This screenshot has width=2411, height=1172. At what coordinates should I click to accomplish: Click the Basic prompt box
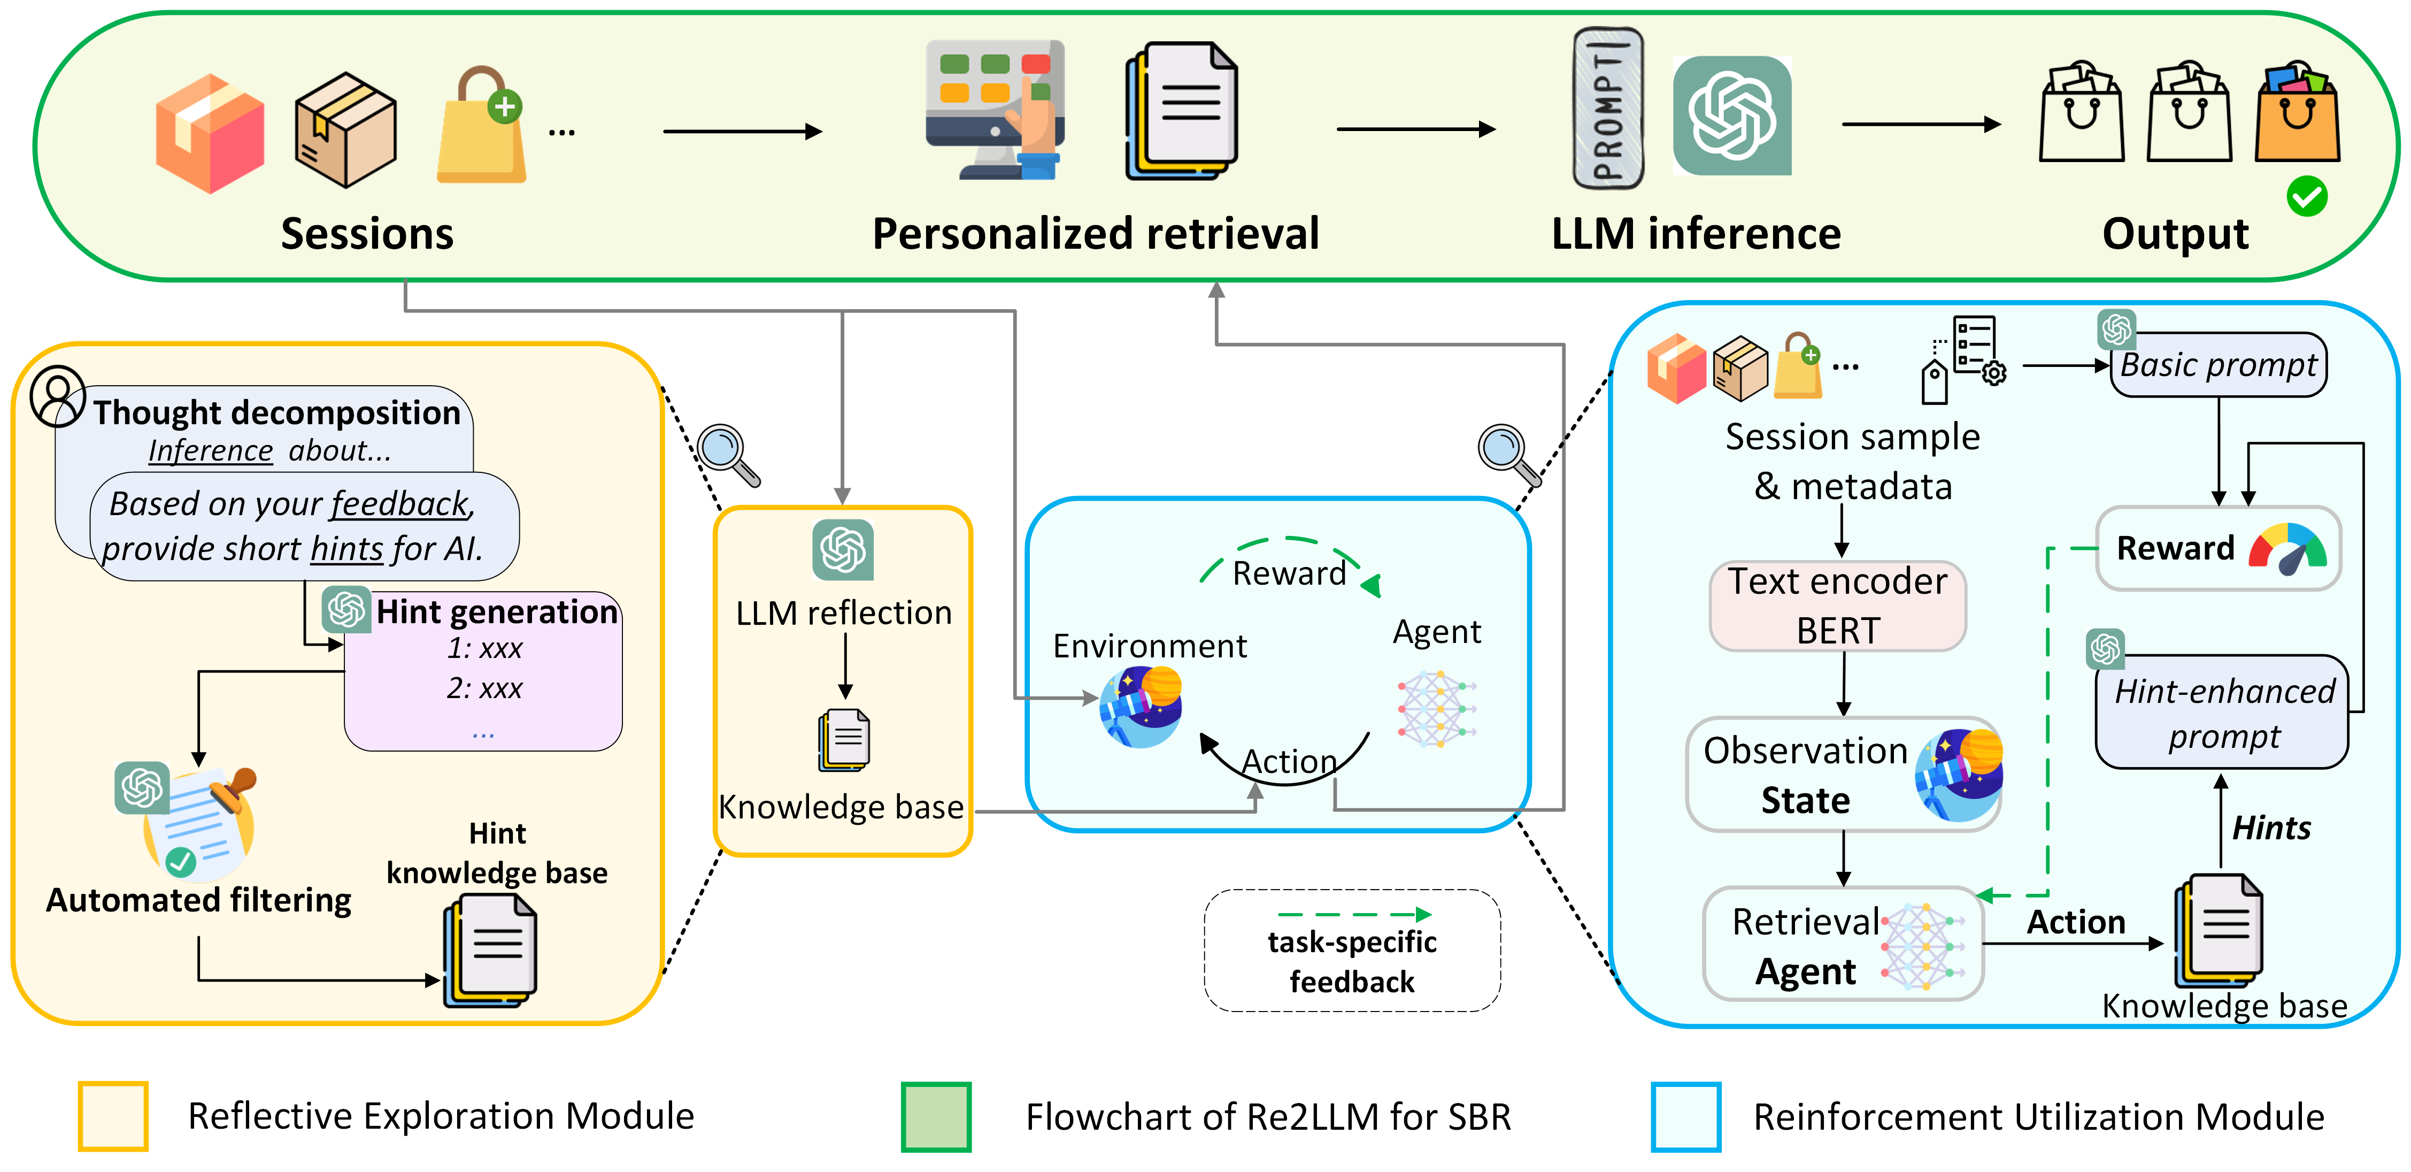click(2218, 365)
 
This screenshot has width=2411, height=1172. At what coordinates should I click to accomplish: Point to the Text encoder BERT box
click(1837, 606)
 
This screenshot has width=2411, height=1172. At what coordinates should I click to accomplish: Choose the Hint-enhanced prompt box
click(2223, 714)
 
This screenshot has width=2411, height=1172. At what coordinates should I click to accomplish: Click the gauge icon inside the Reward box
click(2286, 549)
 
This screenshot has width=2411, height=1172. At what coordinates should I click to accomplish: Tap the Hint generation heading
click(496, 611)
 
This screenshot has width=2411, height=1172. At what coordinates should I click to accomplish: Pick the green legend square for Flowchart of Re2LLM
click(936, 1116)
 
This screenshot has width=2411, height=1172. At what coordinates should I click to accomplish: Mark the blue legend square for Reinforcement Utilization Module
click(1685, 1116)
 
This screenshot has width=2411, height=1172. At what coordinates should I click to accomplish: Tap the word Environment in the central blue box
click(1149, 646)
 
